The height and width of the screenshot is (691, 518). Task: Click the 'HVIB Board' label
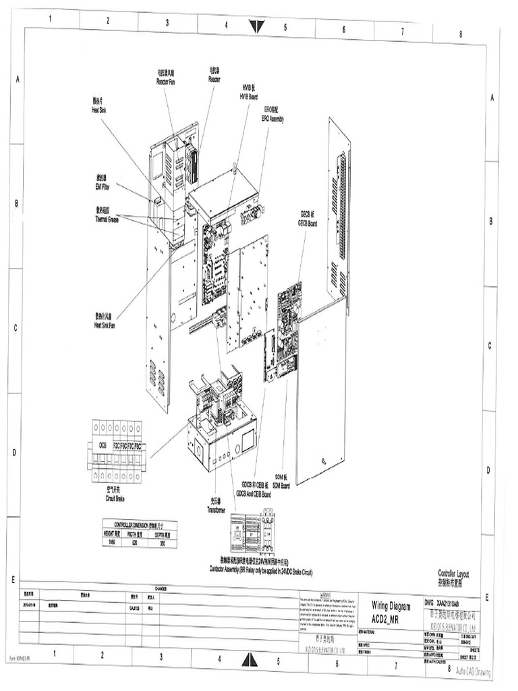click(249, 93)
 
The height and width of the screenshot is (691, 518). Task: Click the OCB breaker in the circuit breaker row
click(103, 446)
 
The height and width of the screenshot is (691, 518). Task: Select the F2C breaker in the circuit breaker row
click(117, 446)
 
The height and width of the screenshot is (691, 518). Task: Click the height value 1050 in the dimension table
click(113, 541)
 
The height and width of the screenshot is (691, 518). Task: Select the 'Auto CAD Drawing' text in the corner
click(473, 671)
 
